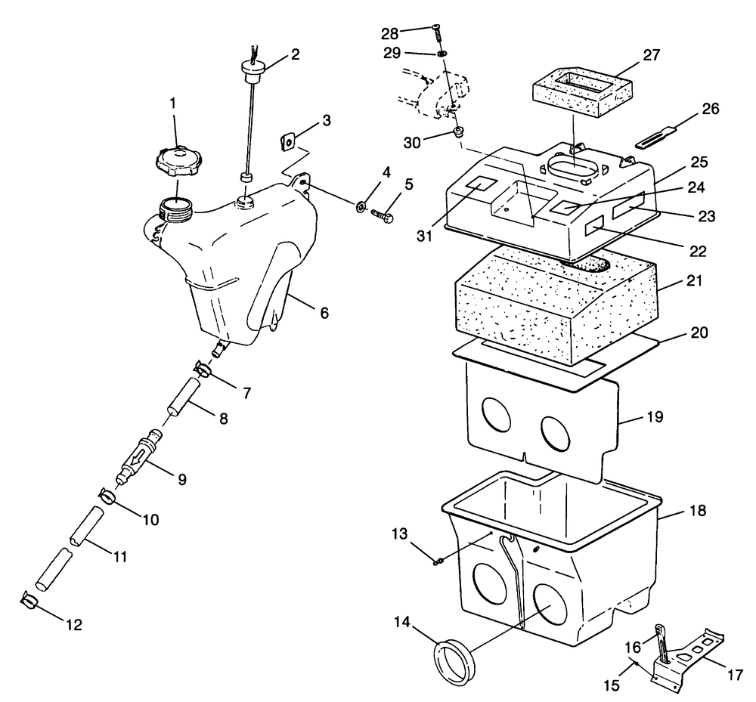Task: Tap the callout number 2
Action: point(295,54)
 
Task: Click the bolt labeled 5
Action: point(382,215)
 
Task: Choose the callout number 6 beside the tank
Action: point(303,311)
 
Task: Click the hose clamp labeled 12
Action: point(29,601)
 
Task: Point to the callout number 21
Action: point(696,281)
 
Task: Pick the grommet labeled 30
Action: point(458,133)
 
